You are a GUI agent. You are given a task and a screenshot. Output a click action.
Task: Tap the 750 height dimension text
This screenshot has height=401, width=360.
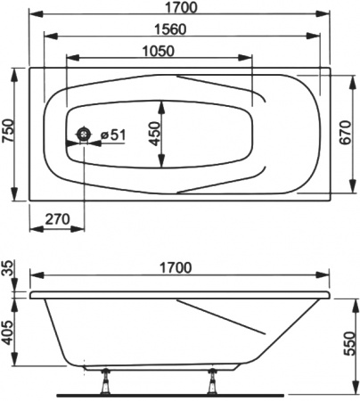point(8,133)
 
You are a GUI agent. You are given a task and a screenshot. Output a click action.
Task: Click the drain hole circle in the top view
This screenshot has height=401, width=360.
point(85,135)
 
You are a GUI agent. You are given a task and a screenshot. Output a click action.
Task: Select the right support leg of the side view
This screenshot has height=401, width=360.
point(215,381)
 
